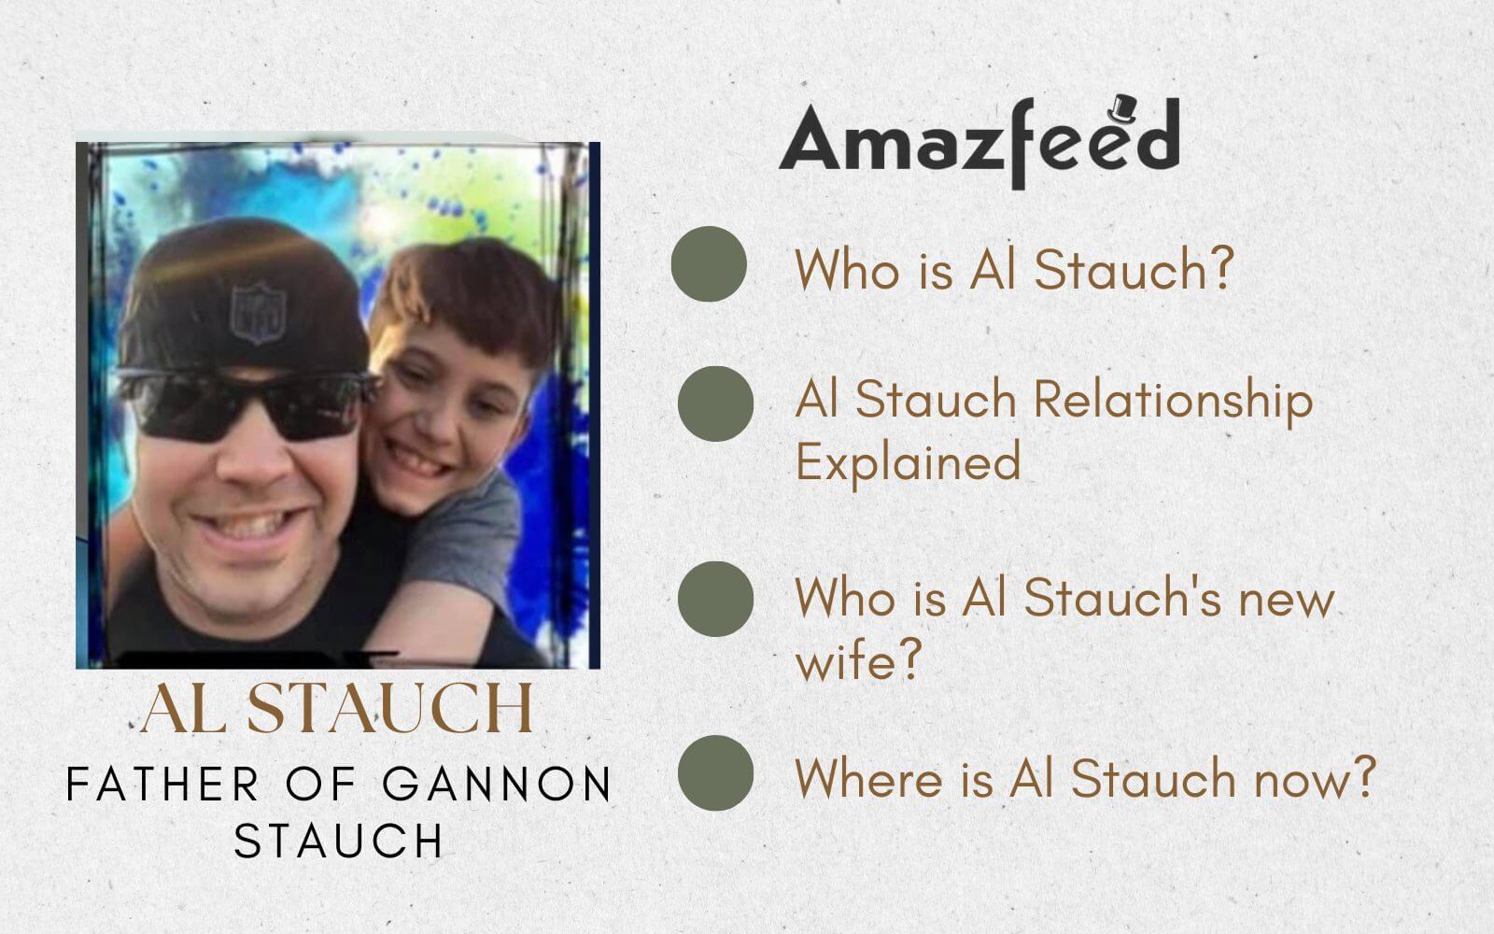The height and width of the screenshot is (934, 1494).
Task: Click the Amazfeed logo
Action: click(979, 141)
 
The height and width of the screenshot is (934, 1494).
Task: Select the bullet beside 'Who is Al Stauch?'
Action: click(709, 263)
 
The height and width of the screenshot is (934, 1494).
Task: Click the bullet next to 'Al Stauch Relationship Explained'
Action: click(715, 403)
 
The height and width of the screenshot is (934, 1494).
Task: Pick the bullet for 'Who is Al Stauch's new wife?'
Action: click(715, 599)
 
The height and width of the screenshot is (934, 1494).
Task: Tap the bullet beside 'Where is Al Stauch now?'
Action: click(715, 772)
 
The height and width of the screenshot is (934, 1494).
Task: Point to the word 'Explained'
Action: click(907, 461)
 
